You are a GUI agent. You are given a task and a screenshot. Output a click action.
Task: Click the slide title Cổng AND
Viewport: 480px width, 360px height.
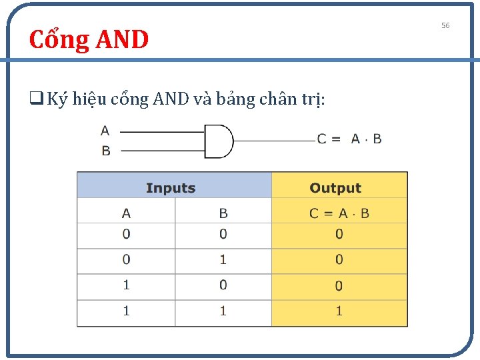[89, 40]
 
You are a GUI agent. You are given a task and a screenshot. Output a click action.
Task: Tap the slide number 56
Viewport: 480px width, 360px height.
[445, 25]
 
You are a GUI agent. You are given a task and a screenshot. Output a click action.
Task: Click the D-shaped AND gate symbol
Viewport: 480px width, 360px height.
[218, 141]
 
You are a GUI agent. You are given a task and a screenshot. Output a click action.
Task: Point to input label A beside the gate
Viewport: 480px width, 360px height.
[105, 131]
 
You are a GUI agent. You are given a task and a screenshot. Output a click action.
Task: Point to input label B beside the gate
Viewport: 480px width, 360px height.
[105, 151]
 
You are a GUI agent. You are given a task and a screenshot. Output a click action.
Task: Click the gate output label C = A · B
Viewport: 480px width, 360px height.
[349, 139]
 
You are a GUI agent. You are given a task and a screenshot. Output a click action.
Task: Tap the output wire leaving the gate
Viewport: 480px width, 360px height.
[273, 141]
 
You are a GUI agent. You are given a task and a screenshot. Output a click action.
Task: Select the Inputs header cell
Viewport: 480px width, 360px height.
[171, 188]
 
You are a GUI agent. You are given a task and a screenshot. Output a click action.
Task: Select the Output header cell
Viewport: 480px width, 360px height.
[335, 188]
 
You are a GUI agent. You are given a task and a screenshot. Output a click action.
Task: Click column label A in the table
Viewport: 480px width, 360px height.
[126, 213]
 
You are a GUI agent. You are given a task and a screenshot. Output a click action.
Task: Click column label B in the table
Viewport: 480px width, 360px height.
[223, 213]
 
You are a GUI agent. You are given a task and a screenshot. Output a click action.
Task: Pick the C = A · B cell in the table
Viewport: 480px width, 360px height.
[339, 213]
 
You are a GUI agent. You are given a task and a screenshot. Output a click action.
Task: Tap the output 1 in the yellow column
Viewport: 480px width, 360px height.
[339, 311]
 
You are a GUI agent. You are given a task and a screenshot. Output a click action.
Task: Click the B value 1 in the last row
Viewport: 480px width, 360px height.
[223, 311]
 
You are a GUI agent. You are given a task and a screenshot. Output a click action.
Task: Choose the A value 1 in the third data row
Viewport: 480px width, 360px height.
[126, 285]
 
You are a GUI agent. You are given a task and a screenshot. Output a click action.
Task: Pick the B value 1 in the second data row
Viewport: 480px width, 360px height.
[223, 259]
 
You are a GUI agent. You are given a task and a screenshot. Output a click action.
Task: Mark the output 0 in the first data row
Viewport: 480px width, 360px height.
[339, 234]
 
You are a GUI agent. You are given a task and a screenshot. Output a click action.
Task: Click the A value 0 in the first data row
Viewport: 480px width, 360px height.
[126, 234]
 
